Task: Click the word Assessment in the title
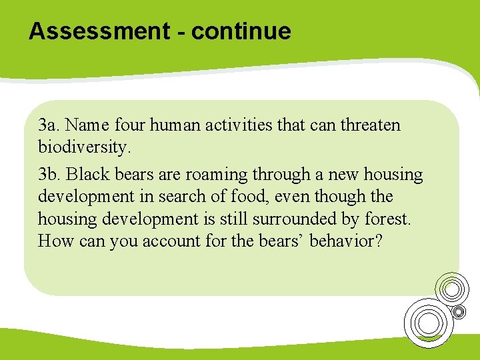[x=98, y=31]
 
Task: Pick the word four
[x=129, y=125]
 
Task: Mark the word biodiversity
[x=84, y=146]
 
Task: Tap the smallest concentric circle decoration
[x=459, y=311]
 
